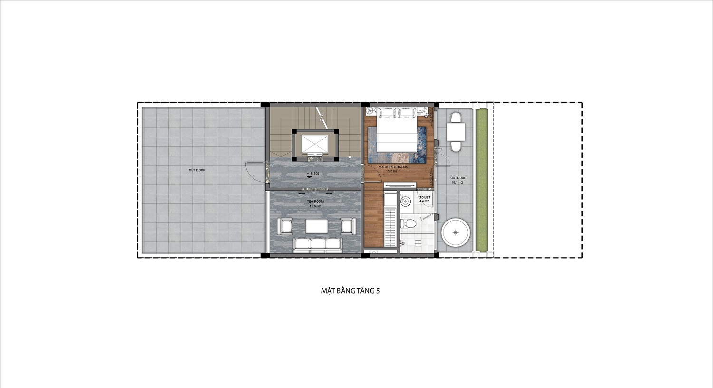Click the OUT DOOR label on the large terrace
(197, 170)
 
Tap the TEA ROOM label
(315, 202)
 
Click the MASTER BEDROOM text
(394, 167)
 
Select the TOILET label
(424, 198)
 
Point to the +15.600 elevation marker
(313, 174)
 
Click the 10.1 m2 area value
(457, 183)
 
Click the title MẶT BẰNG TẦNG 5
(350, 291)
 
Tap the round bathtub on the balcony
(455, 233)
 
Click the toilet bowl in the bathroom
(409, 224)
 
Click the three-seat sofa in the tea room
(318, 245)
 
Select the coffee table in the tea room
(317, 226)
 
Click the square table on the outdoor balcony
(456, 132)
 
